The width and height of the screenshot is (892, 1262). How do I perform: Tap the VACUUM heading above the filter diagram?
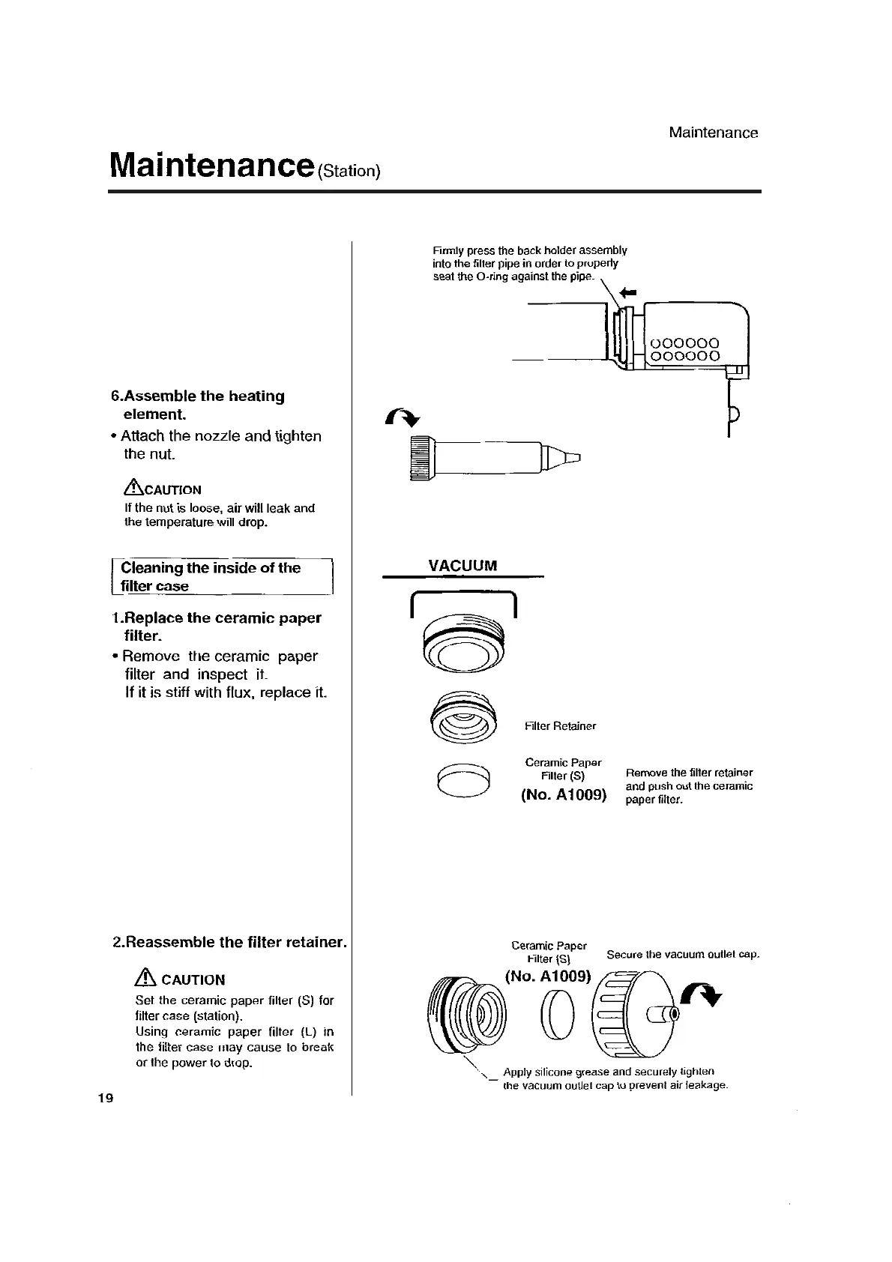point(462,566)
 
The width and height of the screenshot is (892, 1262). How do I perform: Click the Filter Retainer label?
point(560,726)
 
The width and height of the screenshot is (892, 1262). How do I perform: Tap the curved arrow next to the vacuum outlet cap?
point(702,995)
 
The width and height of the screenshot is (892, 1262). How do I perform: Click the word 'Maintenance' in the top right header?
point(713,133)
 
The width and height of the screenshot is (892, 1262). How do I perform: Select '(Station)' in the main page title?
point(349,171)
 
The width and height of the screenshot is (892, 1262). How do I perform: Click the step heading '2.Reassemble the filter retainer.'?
point(229,941)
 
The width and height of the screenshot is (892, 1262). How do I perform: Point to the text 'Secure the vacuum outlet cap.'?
point(683,954)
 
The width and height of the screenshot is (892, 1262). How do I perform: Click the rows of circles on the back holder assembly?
point(685,350)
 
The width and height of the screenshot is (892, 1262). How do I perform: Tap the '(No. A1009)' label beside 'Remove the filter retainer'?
point(564,794)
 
